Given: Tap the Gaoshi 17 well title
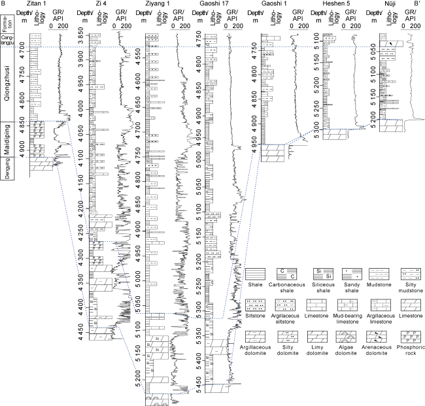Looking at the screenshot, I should click(x=218, y=4).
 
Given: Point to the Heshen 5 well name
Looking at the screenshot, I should click(x=332, y=4).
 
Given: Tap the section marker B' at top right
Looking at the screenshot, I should click(x=416, y=4).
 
